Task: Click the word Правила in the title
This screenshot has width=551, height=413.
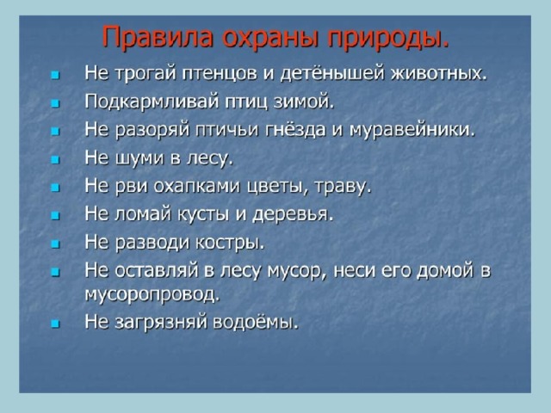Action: (x=158, y=36)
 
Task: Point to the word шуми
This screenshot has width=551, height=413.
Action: (x=139, y=158)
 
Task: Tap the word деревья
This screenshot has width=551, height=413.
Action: (x=293, y=214)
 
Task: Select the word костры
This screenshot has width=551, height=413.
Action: (x=230, y=243)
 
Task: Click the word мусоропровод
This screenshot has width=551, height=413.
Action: (x=152, y=295)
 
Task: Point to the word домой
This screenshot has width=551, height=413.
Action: (x=444, y=271)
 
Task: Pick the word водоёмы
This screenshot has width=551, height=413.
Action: (x=256, y=322)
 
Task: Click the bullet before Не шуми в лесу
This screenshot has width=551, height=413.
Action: (x=55, y=160)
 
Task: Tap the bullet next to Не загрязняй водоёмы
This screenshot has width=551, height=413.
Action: (x=55, y=324)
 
